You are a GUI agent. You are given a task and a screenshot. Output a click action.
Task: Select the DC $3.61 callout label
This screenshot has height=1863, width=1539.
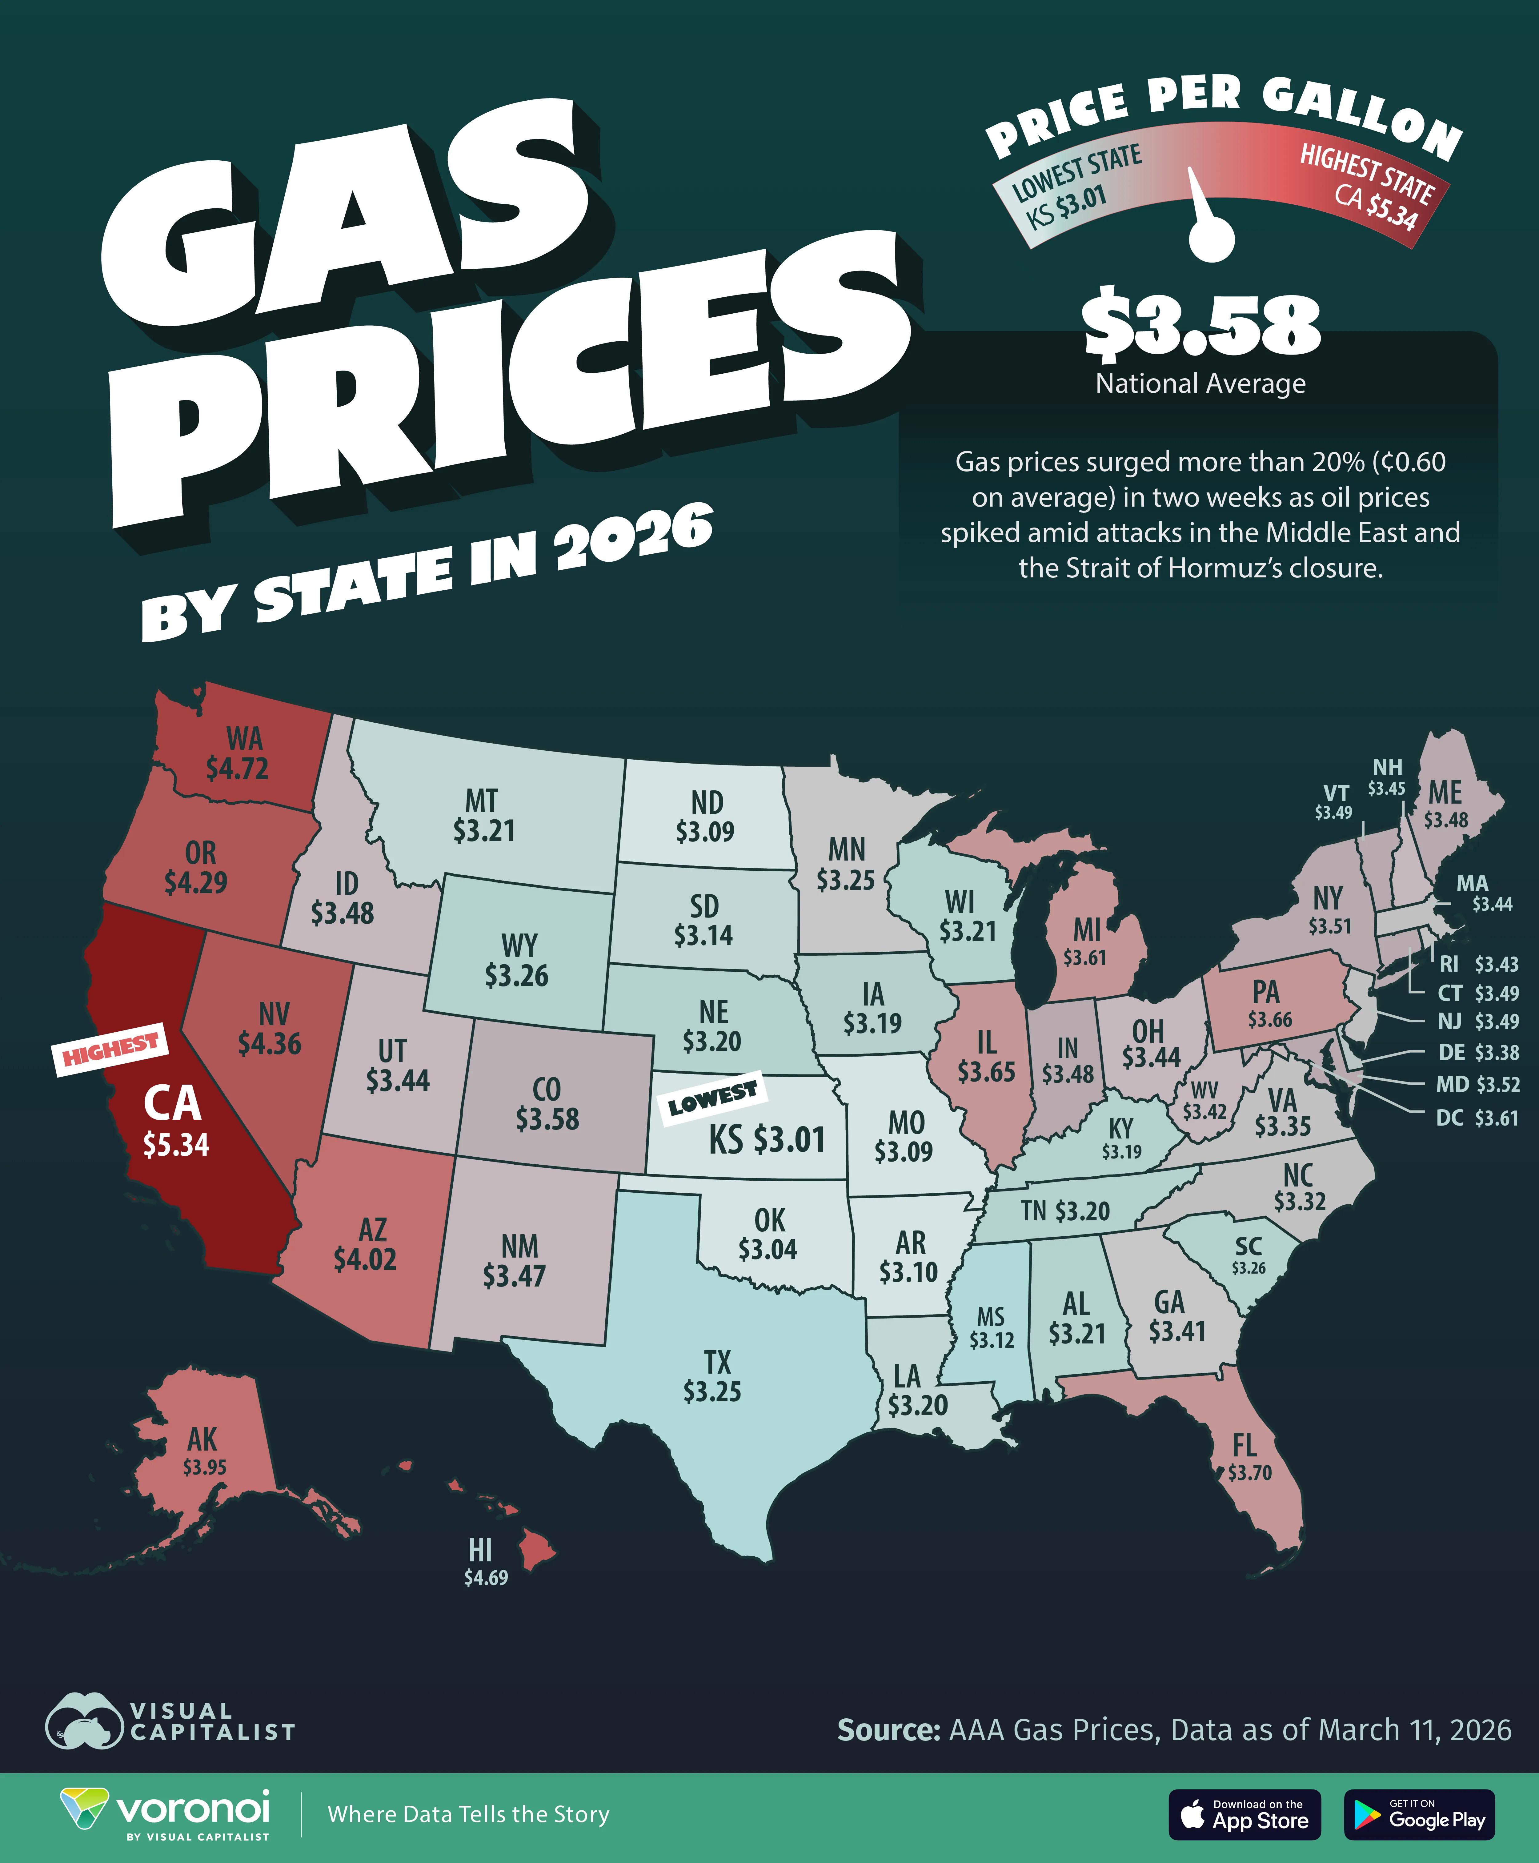pyautogui.click(x=1476, y=1118)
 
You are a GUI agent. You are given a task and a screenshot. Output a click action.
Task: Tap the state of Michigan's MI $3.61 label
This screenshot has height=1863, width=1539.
pyautogui.click(x=1086, y=942)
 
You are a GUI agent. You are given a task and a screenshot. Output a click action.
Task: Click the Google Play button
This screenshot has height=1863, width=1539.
pyautogui.click(x=1419, y=1814)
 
